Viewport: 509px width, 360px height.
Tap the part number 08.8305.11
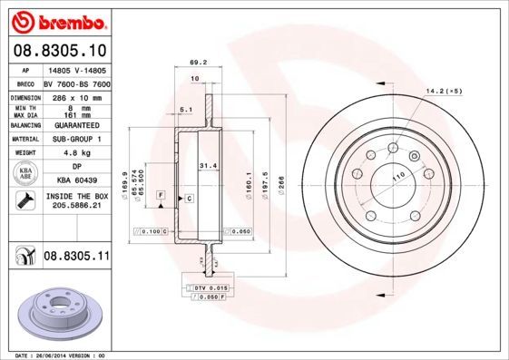pos(76,257)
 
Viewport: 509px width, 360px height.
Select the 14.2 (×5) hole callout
pos(445,91)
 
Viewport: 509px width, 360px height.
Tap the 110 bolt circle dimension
pos(396,177)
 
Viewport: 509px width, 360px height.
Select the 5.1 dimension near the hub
pos(186,110)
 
